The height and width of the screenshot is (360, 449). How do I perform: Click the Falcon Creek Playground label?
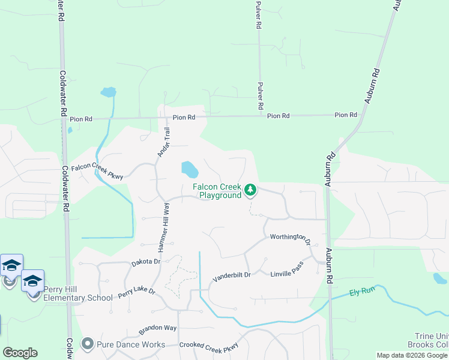click(x=217, y=191)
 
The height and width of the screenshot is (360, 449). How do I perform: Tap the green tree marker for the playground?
click(x=250, y=191)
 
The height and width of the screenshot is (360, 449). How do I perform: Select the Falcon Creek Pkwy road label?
click(x=97, y=172)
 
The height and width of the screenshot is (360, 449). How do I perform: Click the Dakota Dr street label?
click(x=146, y=262)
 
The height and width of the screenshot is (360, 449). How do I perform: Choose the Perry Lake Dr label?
click(x=136, y=293)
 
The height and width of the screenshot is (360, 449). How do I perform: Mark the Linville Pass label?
click(x=287, y=268)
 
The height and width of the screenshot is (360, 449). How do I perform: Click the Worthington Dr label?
click(x=291, y=238)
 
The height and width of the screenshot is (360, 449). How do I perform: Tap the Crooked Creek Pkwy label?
click(x=209, y=346)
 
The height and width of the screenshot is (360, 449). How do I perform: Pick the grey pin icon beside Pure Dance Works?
click(x=88, y=344)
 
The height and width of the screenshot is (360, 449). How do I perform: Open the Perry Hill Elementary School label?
click(x=77, y=293)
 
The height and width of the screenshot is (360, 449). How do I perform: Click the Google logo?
click(x=20, y=353)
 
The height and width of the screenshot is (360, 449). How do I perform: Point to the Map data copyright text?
click(x=412, y=355)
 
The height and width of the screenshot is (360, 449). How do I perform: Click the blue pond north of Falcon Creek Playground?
click(x=189, y=169)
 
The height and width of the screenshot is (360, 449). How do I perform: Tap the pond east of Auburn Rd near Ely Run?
click(x=440, y=278)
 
